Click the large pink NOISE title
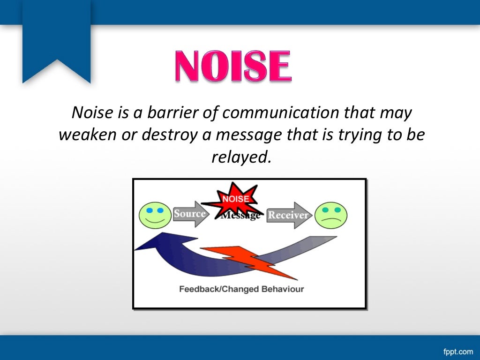pyautogui.click(x=233, y=67)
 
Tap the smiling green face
pyautogui.click(x=155, y=216)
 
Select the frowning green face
pyautogui.click(x=331, y=216)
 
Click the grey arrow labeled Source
pyautogui.click(x=190, y=214)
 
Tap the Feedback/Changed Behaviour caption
pyautogui.click(x=241, y=289)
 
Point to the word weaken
pyautogui.click(x=83, y=135)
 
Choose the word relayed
pyautogui.click(x=241, y=157)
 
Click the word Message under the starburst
pyautogui.click(x=240, y=216)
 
